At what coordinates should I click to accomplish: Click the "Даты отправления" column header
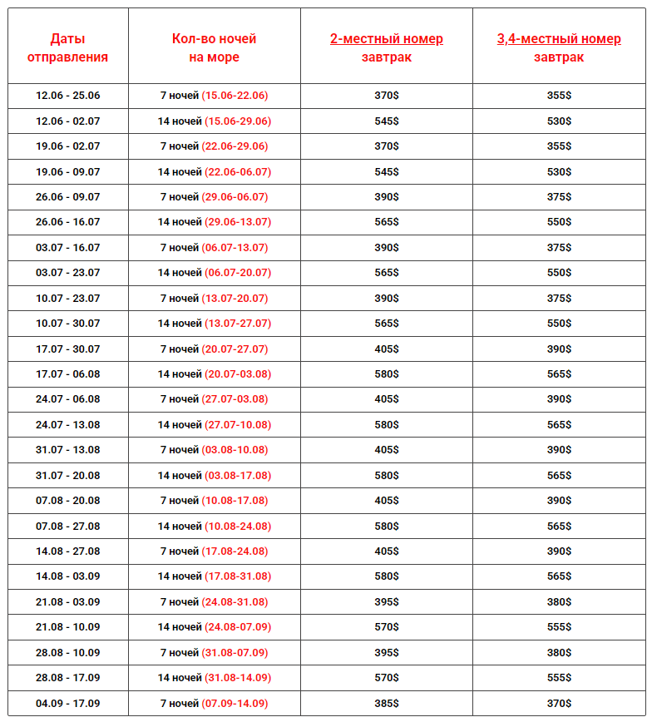coord(67,47)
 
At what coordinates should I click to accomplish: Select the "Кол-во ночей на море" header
coord(214,47)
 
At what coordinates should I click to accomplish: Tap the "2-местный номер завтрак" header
coord(386,47)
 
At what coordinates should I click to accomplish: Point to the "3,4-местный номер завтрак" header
coord(559,47)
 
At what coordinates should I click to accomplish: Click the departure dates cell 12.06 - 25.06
coord(67,96)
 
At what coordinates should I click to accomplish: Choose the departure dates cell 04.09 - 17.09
coord(67,704)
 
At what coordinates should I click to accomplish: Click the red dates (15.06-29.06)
coord(237,121)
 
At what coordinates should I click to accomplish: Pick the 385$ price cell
coord(386,704)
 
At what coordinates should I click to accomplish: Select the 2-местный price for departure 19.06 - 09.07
coord(386,172)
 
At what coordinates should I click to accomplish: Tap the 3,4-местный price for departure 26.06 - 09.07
coord(559,197)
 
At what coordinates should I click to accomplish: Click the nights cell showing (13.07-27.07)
coord(215,324)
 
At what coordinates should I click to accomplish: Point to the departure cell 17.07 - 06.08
coord(67,374)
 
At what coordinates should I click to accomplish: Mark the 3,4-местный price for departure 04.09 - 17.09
coord(559,704)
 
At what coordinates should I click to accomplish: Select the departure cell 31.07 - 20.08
coord(67,476)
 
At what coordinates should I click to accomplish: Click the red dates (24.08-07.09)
coord(237,627)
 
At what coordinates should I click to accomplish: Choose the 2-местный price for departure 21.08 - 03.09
coord(386,602)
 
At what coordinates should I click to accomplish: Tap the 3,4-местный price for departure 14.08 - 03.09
coord(559,576)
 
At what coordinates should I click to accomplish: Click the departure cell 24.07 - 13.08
coord(67,425)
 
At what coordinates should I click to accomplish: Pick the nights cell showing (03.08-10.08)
coord(215,450)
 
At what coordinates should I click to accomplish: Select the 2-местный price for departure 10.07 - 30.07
coord(386,324)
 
